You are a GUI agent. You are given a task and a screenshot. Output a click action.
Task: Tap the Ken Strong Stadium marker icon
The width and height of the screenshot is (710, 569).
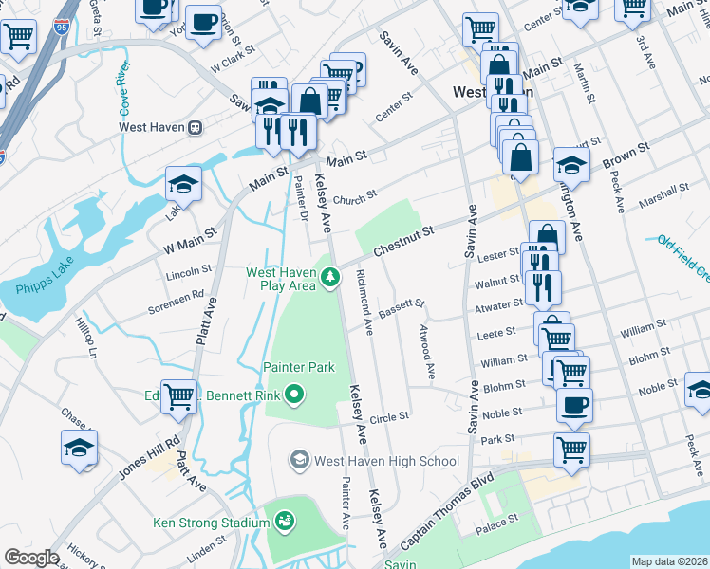[283, 521]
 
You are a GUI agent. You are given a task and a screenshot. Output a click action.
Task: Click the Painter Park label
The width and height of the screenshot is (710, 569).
[299, 367]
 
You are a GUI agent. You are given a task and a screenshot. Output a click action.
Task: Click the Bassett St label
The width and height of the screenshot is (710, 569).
[402, 308]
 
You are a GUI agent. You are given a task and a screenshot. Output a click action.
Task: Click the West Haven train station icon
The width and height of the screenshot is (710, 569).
[195, 126]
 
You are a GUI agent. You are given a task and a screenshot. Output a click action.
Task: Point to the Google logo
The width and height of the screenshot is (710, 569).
[30, 558]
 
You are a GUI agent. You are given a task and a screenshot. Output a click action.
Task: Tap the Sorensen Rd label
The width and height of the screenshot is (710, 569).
[176, 302]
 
